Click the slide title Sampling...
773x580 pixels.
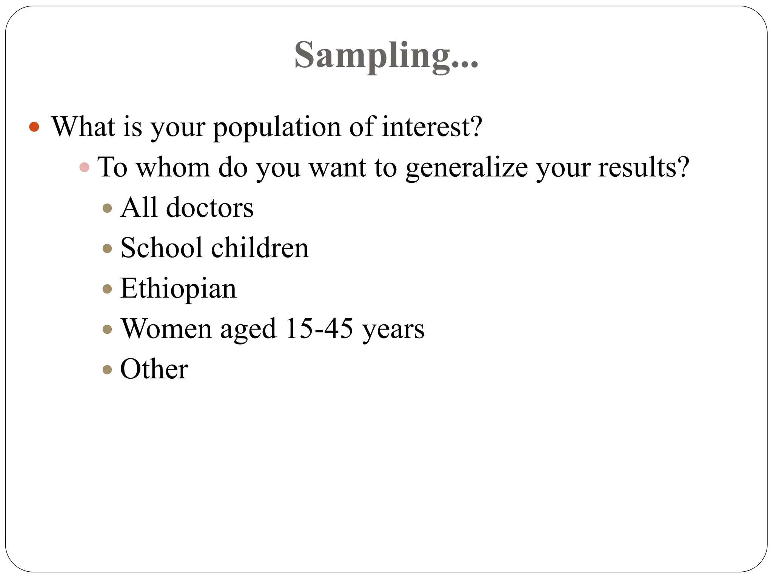(386, 56)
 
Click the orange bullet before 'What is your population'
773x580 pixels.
(34, 126)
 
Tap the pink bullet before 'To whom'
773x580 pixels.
(85, 167)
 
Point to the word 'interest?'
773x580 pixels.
(432, 126)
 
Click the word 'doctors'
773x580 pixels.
(209, 208)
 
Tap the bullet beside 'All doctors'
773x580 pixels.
(108, 208)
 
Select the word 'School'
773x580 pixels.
(162, 248)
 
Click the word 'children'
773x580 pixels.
(260, 248)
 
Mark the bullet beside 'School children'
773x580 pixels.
(108, 248)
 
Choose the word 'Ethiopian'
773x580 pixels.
(178, 289)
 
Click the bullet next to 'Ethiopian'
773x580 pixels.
(108, 289)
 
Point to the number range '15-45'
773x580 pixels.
(319, 329)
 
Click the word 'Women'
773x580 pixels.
(166, 329)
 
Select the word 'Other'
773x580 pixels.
(154, 369)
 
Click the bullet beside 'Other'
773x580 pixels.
(108, 369)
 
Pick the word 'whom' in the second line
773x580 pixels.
(173, 167)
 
